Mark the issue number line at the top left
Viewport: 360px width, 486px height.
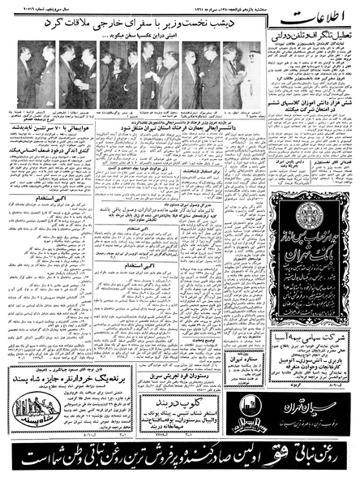pos(24,6)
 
